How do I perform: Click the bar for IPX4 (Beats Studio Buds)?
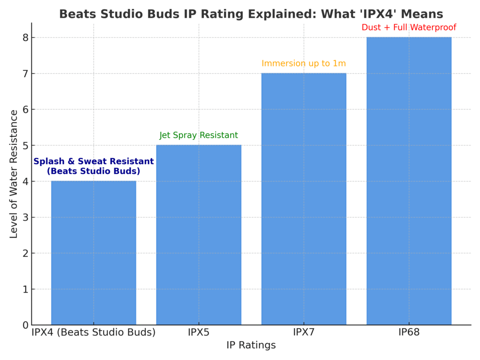(x=93, y=253)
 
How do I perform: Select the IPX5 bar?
(x=198, y=234)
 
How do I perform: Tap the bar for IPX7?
(x=304, y=199)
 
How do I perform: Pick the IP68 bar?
(x=409, y=180)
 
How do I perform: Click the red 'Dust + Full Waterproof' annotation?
(x=409, y=27)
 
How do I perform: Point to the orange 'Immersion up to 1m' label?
(x=304, y=63)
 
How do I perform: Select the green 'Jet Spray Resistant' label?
(x=199, y=135)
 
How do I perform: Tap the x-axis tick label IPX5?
(x=198, y=333)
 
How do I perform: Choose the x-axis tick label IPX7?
(x=304, y=333)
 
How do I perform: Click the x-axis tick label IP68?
(x=409, y=333)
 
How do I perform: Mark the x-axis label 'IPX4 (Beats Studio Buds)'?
(x=93, y=333)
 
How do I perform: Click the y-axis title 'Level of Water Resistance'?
(x=14, y=174)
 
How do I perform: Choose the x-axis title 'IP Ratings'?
(x=251, y=345)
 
